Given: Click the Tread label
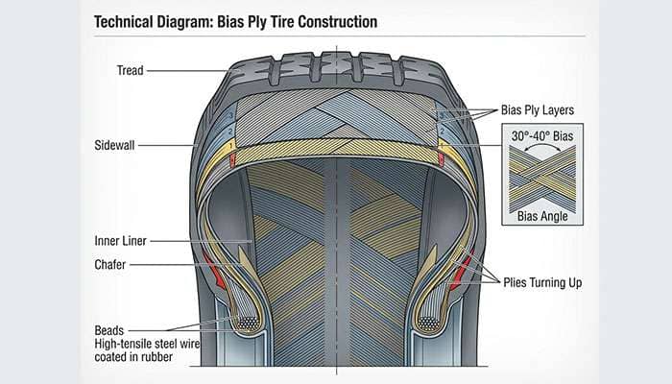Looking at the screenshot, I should (x=132, y=70).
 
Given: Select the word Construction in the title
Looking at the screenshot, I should (x=332, y=21).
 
